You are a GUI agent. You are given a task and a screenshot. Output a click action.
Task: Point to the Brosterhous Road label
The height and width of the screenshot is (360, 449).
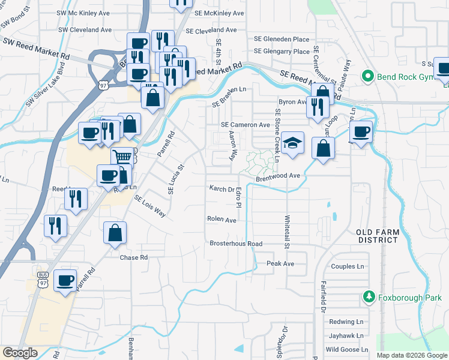pos(236,244)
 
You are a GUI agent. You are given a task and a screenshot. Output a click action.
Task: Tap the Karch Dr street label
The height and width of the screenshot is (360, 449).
pos(221,189)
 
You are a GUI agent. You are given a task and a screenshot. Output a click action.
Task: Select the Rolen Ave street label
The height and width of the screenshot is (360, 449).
pos(222,220)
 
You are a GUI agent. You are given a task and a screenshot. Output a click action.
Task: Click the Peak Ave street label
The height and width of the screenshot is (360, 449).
pos(280,263)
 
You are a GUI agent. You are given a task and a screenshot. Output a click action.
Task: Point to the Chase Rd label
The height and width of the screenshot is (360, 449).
pos(133,257)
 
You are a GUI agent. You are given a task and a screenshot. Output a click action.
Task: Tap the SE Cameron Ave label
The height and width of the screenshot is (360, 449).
pos(246,125)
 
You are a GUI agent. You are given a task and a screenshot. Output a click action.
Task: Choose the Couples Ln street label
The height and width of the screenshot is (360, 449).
pos(348,266)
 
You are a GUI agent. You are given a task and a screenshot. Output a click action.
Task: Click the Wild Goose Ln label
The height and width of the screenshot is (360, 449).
pos(346,350)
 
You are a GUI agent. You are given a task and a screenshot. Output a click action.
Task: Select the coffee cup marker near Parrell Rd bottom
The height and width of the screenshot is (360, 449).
pos(65,280)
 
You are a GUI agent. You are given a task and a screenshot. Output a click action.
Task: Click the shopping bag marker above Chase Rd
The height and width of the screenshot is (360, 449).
pos(115,233)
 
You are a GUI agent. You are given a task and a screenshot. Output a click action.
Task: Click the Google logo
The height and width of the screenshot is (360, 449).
pos(20,353)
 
